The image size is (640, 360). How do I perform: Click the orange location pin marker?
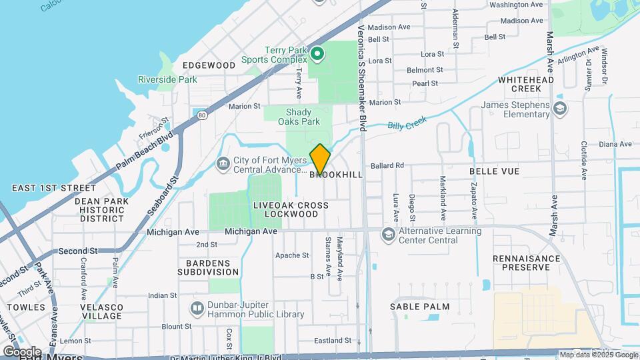[x=320, y=159]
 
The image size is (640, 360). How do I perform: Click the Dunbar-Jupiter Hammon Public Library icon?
[x=197, y=308]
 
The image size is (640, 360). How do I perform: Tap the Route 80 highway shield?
[x=202, y=116]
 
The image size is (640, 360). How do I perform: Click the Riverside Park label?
[x=167, y=79]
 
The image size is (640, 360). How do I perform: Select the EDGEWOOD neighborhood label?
[x=209, y=65]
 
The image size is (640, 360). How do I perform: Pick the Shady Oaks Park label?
[x=303, y=117]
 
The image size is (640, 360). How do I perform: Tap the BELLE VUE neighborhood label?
[x=494, y=171]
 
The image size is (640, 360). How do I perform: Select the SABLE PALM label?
[x=420, y=307]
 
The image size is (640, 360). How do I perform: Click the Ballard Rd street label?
[x=388, y=165]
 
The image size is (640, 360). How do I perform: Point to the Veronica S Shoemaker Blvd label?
[x=362, y=73]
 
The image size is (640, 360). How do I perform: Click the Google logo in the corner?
[x=21, y=351]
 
